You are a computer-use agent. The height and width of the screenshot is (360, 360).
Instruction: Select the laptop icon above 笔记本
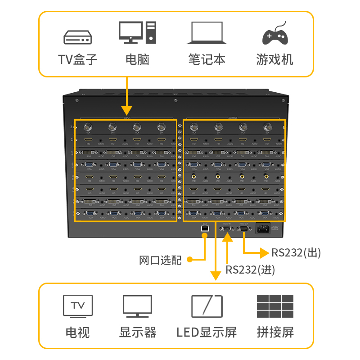pos(207,33)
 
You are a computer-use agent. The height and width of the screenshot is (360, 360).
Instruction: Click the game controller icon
pos(275,33)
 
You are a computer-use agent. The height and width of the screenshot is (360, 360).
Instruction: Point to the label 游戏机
pos(274,59)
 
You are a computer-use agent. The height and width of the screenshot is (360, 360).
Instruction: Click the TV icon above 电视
pos(78,306)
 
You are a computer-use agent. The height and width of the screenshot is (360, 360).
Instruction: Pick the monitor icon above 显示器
pos(137,306)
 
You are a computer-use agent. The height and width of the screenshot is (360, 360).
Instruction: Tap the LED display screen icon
pos(207,306)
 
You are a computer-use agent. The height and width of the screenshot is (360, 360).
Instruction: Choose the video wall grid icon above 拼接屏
pos(275,306)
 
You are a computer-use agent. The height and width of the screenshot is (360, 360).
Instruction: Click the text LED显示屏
pos(207,333)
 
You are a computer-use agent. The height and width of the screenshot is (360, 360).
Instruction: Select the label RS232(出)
pos(296,252)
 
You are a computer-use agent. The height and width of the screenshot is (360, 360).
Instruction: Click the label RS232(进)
pos(250,270)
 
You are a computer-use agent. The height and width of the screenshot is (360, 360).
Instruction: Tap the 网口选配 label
pos(160,260)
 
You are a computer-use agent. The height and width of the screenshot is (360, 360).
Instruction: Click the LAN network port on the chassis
pos(205,229)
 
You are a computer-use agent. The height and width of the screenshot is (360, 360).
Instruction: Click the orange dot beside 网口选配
pos(189,260)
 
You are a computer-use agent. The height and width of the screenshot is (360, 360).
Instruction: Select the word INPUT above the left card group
pos(127,118)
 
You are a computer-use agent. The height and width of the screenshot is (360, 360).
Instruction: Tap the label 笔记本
pos(207,59)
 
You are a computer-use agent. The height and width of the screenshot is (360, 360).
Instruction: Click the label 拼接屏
pos(275,333)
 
